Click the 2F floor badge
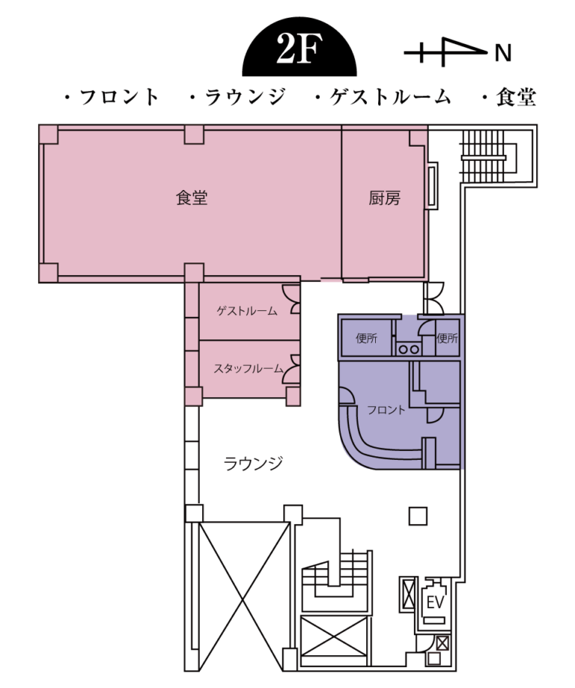[x=299, y=49]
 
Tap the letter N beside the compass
[x=503, y=54]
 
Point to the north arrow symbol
[x=445, y=52]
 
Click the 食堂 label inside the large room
[x=192, y=198]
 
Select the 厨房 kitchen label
[x=384, y=198]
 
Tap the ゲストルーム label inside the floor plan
[x=247, y=311]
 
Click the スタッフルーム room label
[x=248, y=369]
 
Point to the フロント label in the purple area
[x=386, y=410]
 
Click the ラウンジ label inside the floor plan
[x=252, y=464]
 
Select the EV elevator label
[x=435, y=603]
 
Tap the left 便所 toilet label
[x=366, y=338]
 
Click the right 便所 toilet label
[x=447, y=338]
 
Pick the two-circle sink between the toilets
[x=408, y=349]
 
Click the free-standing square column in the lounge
[x=418, y=516]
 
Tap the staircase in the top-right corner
[x=484, y=156]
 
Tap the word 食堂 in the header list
[x=516, y=97]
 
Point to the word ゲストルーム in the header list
[x=390, y=97]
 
